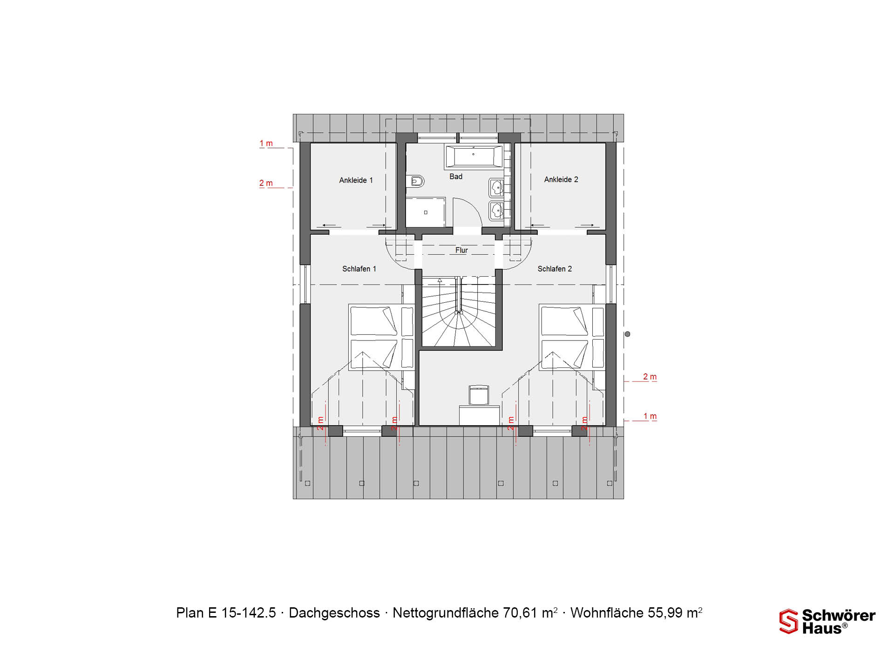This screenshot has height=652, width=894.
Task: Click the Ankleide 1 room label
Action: tap(356, 180)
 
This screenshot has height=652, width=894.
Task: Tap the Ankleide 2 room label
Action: tap(561, 179)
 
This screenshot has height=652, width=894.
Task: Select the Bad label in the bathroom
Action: tap(456, 177)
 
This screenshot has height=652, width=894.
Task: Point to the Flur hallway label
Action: tap(461, 250)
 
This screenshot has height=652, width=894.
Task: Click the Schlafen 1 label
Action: tap(359, 269)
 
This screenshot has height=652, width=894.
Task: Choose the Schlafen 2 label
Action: tap(555, 269)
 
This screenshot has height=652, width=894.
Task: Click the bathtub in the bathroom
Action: tap(474, 156)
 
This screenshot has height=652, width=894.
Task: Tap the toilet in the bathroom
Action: tap(415, 181)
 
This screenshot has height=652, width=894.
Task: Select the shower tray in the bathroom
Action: tap(426, 212)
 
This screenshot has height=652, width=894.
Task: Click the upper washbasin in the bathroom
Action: tap(496, 188)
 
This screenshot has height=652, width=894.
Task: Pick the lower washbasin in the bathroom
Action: tap(496, 211)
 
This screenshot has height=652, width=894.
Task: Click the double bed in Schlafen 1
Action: tap(381, 337)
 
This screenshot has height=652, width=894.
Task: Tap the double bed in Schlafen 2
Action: tap(572, 337)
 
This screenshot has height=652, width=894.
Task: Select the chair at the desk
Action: tap(479, 395)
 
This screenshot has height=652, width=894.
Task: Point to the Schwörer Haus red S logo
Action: tap(789, 621)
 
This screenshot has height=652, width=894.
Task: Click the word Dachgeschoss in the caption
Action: tap(334, 613)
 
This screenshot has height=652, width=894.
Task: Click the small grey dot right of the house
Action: tap(628, 334)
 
